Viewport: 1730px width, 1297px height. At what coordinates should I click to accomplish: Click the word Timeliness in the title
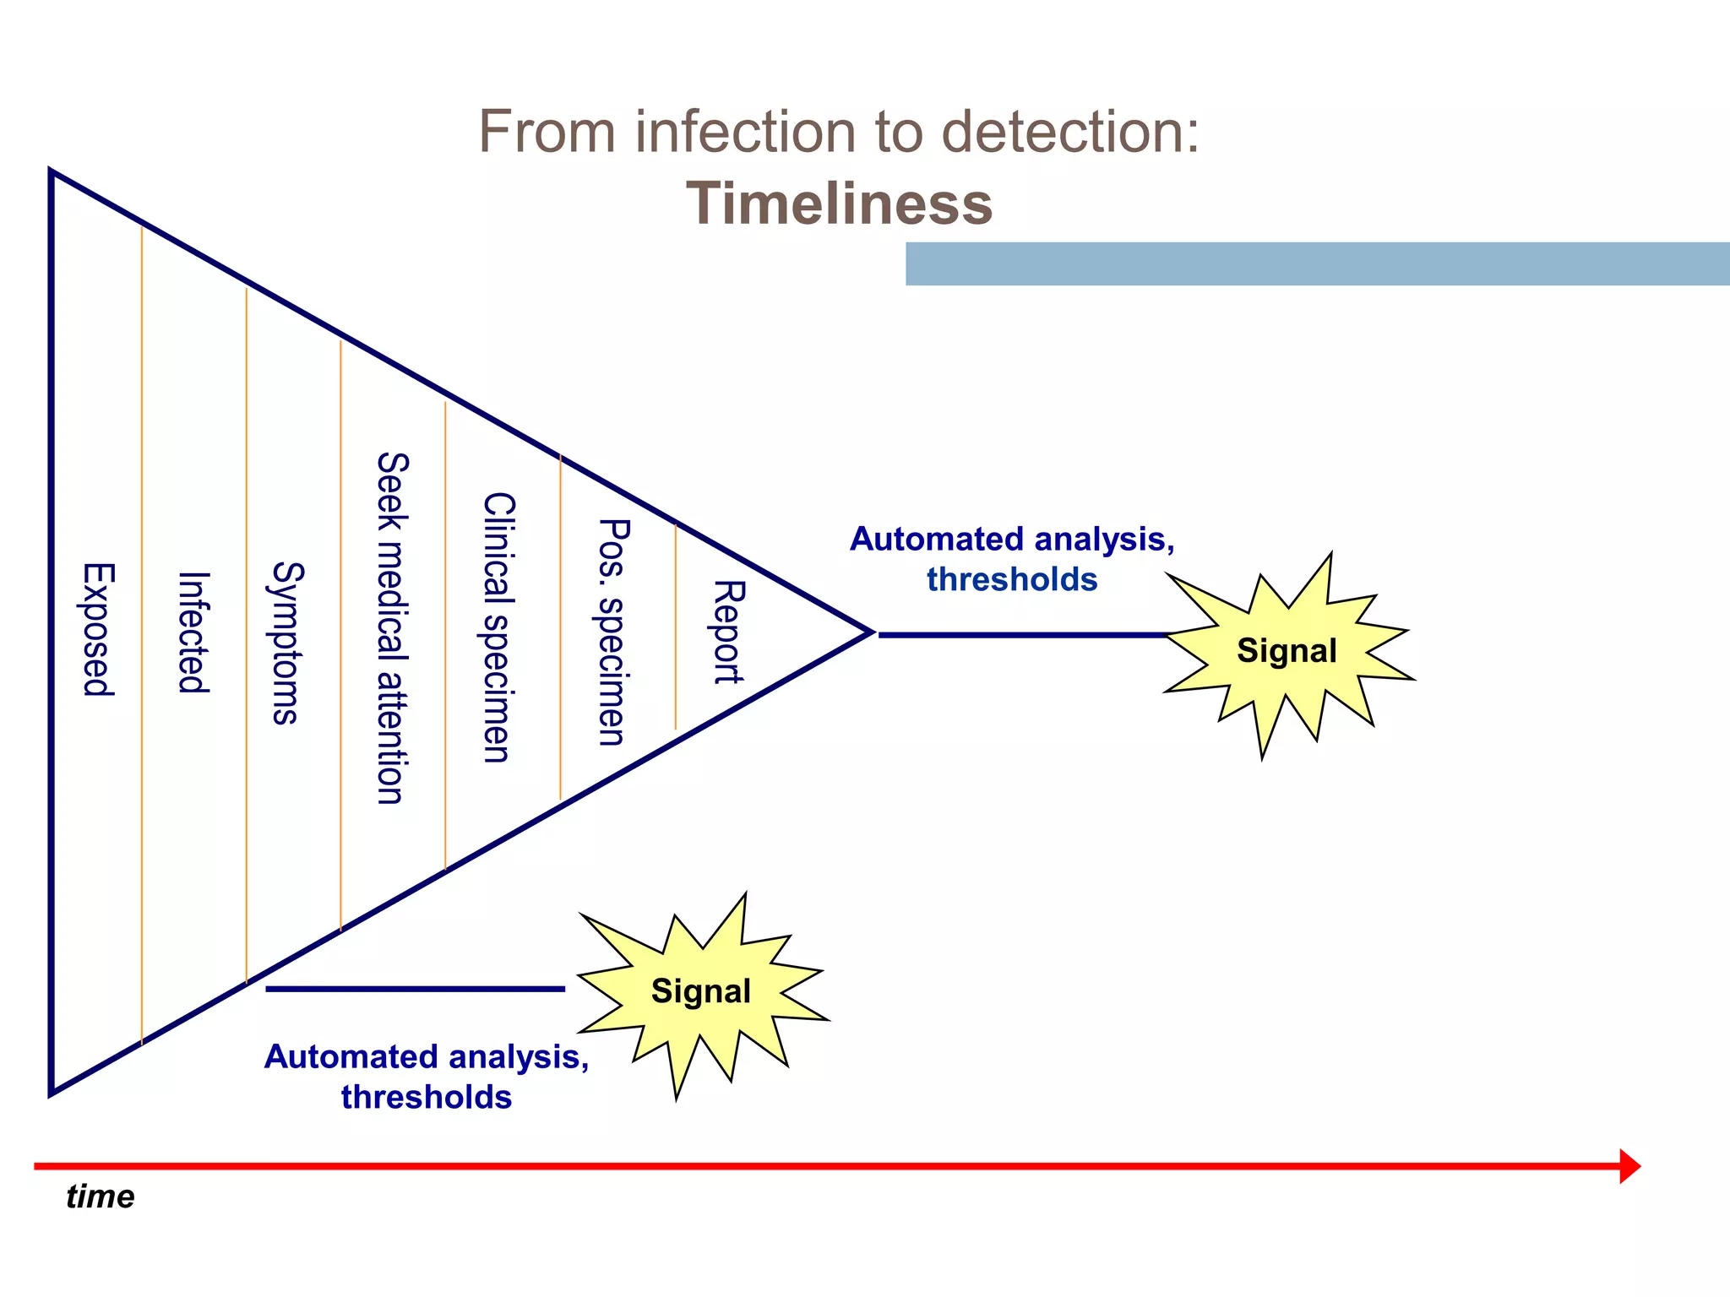[x=839, y=204]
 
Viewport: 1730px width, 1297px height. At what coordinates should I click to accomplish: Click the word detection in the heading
[x=1069, y=133]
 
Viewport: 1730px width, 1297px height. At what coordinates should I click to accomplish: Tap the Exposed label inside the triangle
[x=98, y=629]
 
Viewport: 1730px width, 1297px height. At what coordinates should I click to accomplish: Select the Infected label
[x=193, y=632]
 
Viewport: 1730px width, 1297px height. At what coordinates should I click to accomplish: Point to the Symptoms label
[x=286, y=643]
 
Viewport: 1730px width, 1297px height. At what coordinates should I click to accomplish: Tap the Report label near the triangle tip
[x=728, y=631]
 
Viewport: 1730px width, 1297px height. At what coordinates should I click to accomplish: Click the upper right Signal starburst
[x=1286, y=651]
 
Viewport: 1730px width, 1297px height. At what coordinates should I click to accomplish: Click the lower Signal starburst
[x=700, y=991]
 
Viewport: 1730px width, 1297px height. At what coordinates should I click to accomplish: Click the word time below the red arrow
[x=100, y=1197]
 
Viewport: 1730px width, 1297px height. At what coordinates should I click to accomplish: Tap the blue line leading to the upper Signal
[x=1022, y=634]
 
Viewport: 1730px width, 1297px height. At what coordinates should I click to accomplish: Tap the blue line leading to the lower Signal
[x=414, y=989]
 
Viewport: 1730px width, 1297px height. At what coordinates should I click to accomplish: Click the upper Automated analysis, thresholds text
[x=1012, y=559]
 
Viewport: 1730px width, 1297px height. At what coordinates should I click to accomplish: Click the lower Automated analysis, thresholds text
[x=427, y=1077]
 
